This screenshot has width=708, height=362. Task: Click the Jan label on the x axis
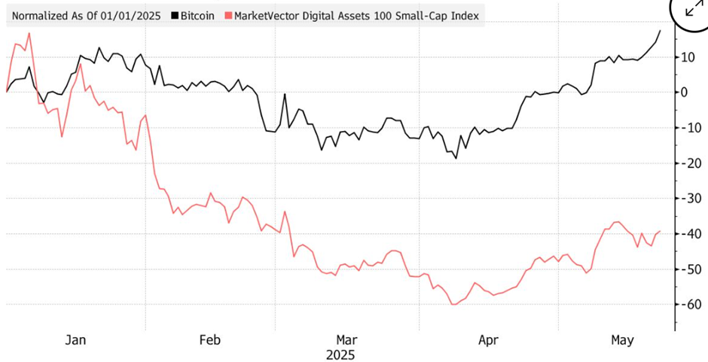point(75,340)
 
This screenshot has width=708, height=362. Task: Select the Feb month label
point(209,340)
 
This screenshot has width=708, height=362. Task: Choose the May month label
point(622,340)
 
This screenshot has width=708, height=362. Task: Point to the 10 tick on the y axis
point(688,56)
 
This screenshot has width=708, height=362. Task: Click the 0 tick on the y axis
point(685,92)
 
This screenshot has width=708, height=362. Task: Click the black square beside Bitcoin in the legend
point(175,15)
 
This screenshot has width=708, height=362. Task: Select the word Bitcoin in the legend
point(197,15)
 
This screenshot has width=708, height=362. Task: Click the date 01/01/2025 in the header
point(129,15)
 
